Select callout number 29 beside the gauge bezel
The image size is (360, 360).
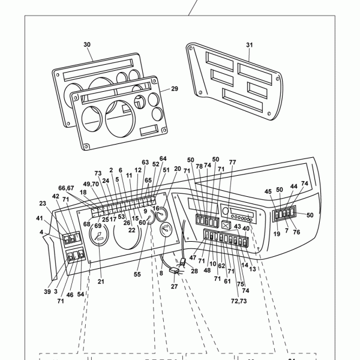pyautogui.click(x=174, y=89)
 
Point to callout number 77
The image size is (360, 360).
pyautogui.click(x=232, y=163)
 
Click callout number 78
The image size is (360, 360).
pyautogui.click(x=199, y=166)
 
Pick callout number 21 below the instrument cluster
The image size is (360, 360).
pyautogui.click(x=101, y=281)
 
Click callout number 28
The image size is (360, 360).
pyautogui.click(x=194, y=271)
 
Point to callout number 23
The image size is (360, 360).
pyautogui.click(x=43, y=203)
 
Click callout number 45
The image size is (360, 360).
pyautogui.click(x=268, y=192)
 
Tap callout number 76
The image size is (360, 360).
pyautogui.click(x=296, y=233)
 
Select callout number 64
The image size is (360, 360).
pyautogui.click(x=163, y=158)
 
